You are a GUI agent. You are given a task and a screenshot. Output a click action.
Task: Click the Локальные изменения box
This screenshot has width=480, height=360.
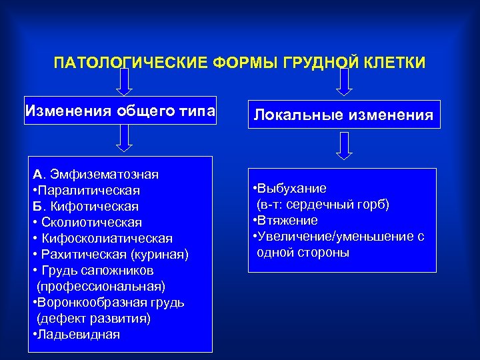pos(343,115)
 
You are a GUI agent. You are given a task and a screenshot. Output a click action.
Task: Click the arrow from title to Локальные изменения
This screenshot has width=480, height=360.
pos(343,81)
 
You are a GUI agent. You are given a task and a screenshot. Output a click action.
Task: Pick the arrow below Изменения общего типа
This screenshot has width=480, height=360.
pos(124,138)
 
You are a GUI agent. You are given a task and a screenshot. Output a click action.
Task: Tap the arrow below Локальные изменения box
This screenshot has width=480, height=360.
pos(343,145)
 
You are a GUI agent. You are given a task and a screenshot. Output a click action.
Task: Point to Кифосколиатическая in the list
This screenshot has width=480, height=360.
pos(107,239)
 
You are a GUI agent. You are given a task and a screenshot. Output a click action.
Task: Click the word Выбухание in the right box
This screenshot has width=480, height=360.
pos(293,189)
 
